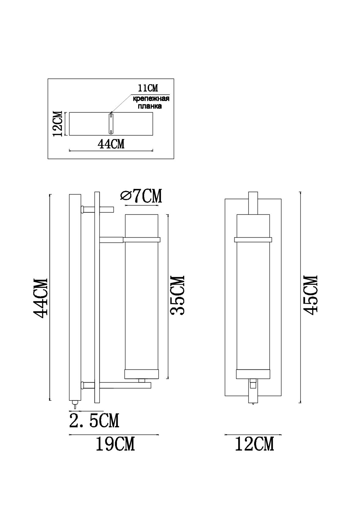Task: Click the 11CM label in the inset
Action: [148, 88]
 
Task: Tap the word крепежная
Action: [151, 99]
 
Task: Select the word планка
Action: [150, 106]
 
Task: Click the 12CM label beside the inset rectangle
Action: [58, 124]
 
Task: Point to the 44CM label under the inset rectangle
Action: [111, 144]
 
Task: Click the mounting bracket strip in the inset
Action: [111, 124]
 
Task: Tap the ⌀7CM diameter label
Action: [141, 196]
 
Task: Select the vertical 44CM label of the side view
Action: [40, 298]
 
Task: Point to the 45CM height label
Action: [310, 295]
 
